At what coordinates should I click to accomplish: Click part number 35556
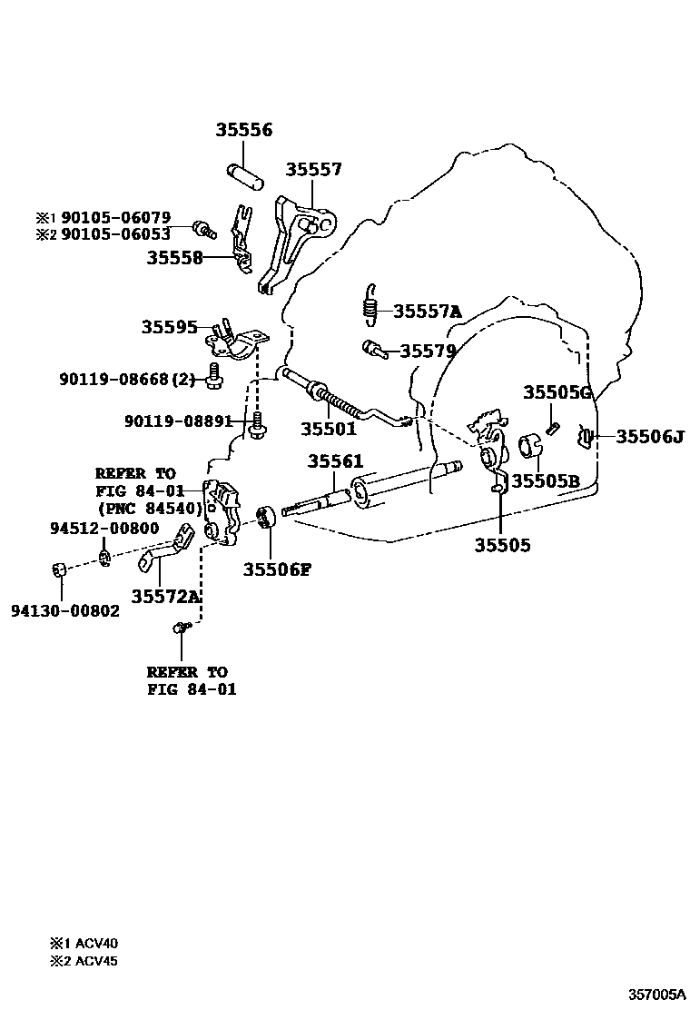pos(243,131)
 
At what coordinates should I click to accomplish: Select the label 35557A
pos(427,312)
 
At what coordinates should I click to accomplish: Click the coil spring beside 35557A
pos(370,302)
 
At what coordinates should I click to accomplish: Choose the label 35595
pos(169,326)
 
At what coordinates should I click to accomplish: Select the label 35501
pos(328,430)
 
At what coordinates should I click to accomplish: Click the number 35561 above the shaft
pos(335,461)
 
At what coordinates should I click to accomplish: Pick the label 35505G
pos(557,392)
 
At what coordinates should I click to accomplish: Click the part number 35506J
pos(649,437)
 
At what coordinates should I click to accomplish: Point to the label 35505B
pos(545,480)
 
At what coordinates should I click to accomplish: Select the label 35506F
pos(277,569)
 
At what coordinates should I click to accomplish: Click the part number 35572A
pos(165,596)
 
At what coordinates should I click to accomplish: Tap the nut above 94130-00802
pos(59,571)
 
